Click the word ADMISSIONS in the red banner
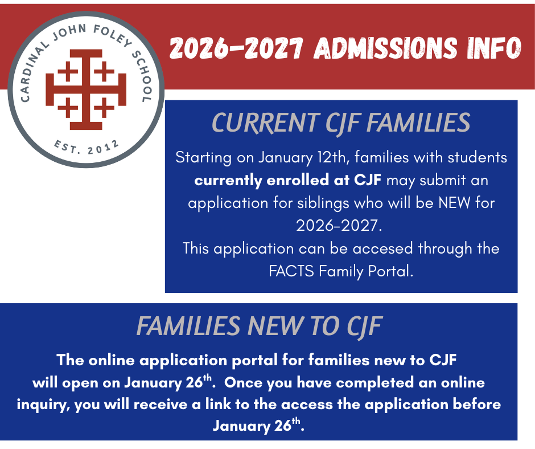(385, 48)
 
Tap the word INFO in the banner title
(495, 48)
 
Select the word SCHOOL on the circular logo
(142, 76)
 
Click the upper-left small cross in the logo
(68, 71)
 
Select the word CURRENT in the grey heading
(265, 123)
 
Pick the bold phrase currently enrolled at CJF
(287, 180)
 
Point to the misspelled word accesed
(383, 248)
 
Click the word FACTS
(291, 271)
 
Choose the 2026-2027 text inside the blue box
(339, 226)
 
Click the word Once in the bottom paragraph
(242, 382)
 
